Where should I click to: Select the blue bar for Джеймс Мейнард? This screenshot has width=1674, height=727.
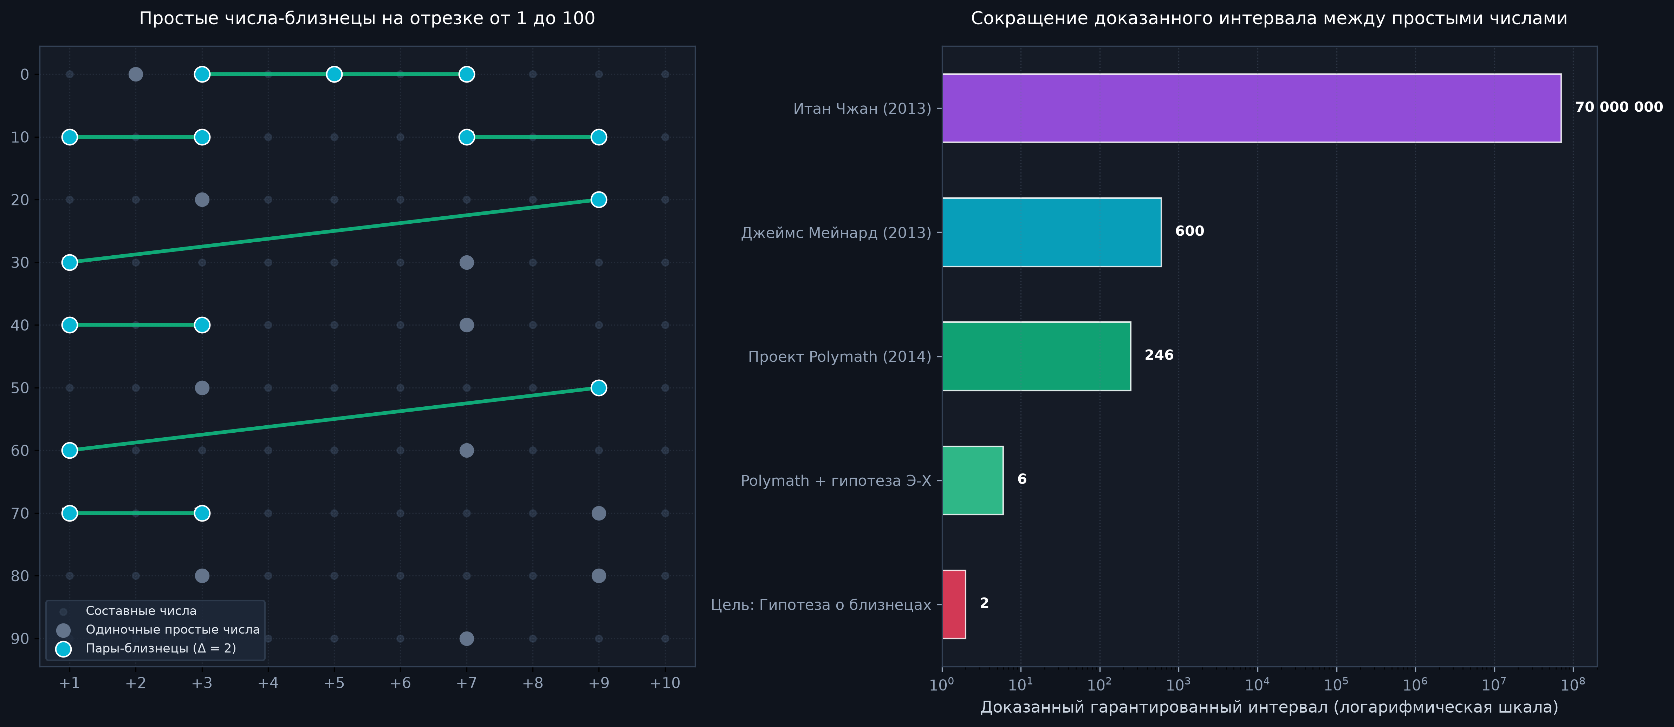pyautogui.click(x=1051, y=232)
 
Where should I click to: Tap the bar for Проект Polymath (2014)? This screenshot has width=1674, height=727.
pyautogui.click(x=1037, y=356)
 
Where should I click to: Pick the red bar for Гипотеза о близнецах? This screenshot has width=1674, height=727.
pyautogui.click(x=954, y=604)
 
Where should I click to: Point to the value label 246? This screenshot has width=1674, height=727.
pyautogui.click(x=1159, y=355)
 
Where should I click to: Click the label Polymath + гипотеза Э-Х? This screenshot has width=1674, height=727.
pyautogui.click(x=836, y=481)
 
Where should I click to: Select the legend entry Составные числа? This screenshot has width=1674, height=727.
pyautogui.click(x=141, y=611)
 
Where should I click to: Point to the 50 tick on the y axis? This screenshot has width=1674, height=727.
pyautogui.click(x=20, y=388)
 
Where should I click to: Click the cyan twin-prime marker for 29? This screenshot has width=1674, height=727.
pyautogui.click(x=598, y=199)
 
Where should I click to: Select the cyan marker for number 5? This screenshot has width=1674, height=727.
pyautogui.click(x=334, y=74)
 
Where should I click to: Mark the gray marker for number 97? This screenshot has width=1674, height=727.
pyautogui.click(x=467, y=638)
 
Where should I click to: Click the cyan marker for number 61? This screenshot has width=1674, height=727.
pyautogui.click(x=70, y=450)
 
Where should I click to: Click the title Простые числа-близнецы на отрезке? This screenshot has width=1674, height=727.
pyautogui.click(x=367, y=18)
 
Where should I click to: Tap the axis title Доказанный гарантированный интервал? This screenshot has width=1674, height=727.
pyautogui.click(x=1269, y=707)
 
